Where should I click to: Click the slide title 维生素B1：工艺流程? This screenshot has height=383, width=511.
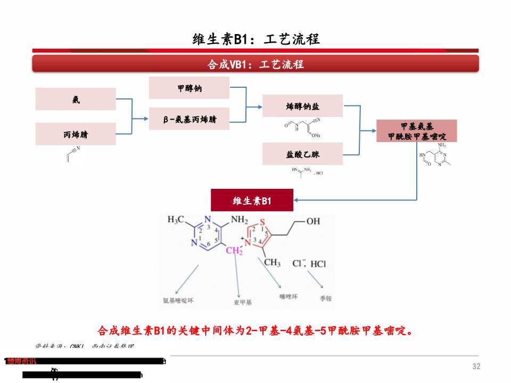click(x=256, y=39)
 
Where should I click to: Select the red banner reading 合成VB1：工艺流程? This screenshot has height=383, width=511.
click(x=256, y=64)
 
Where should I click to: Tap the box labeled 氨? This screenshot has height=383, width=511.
click(x=76, y=99)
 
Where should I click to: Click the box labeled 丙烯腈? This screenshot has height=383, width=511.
click(x=76, y=134)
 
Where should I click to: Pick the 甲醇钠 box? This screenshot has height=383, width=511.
click(x=189, y=88)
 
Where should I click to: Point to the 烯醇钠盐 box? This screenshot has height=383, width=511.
click(x=302, y=106)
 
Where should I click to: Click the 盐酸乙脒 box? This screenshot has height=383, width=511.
click(x=302, y=154)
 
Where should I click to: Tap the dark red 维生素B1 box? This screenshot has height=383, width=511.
click(x=252, y=201)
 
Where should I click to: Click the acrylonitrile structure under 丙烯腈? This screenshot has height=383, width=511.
click(x=72, y=154)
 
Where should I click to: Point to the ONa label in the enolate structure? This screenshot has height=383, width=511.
click(x=316, y=136)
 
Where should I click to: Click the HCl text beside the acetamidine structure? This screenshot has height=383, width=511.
click(x=319, y=173)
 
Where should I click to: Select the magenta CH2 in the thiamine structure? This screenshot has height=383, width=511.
click(x=234, y=251)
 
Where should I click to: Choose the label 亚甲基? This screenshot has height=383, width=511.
click(x=243, y=302)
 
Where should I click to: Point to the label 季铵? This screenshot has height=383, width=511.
click(x=326, y=299)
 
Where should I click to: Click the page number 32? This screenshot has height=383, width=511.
click(x=476, y=367)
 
